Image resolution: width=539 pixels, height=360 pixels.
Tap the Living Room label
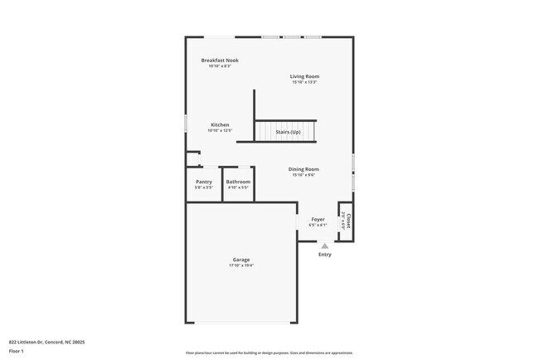coord(304,76)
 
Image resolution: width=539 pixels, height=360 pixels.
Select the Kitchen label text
coord(220,124)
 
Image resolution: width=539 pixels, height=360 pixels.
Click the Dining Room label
coord(304,169)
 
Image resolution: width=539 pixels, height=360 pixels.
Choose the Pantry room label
coord(204,182)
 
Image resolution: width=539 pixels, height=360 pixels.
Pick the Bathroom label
coord(238,182)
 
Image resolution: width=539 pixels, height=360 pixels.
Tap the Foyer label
coord(318,220)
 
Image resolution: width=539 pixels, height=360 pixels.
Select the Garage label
coord(241,260)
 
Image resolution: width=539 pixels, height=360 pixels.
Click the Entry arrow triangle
coord(325,246)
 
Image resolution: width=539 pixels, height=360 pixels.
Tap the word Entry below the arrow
coord(325,254)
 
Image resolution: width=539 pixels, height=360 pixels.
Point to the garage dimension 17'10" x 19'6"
coord(241,265)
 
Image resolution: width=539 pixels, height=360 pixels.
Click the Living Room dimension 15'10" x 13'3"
coord(304,82)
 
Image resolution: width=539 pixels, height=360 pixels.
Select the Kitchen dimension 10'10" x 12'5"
coord(220,130)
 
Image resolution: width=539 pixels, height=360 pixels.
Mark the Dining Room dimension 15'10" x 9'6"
coord(304,175)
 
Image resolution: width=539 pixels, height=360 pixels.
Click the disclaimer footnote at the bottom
coord(269,353)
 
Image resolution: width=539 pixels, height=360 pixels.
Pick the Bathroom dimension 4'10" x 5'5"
coord(238,187)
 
